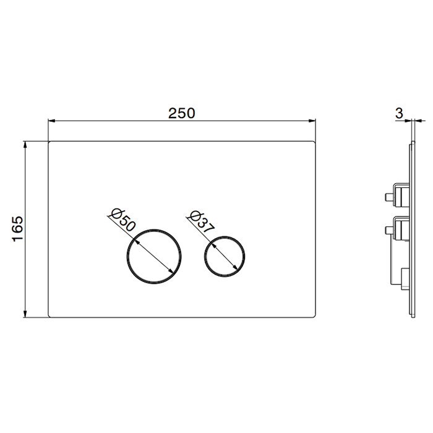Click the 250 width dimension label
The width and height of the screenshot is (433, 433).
pos(182,113)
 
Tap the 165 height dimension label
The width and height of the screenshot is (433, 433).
pos(17,229)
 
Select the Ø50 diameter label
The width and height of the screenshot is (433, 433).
pos(123,221)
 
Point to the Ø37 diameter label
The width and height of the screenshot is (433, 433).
pos(202,222)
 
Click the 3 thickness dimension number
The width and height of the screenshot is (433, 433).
pos(399,113)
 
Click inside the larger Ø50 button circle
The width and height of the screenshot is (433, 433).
pos(154,256)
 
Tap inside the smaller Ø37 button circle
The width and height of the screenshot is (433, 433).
pos(225,256)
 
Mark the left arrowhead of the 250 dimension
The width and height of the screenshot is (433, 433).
pos(52,121)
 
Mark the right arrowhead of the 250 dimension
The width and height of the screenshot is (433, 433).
pos(312,121)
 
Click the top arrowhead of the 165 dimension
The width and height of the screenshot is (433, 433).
pos(25,145)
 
